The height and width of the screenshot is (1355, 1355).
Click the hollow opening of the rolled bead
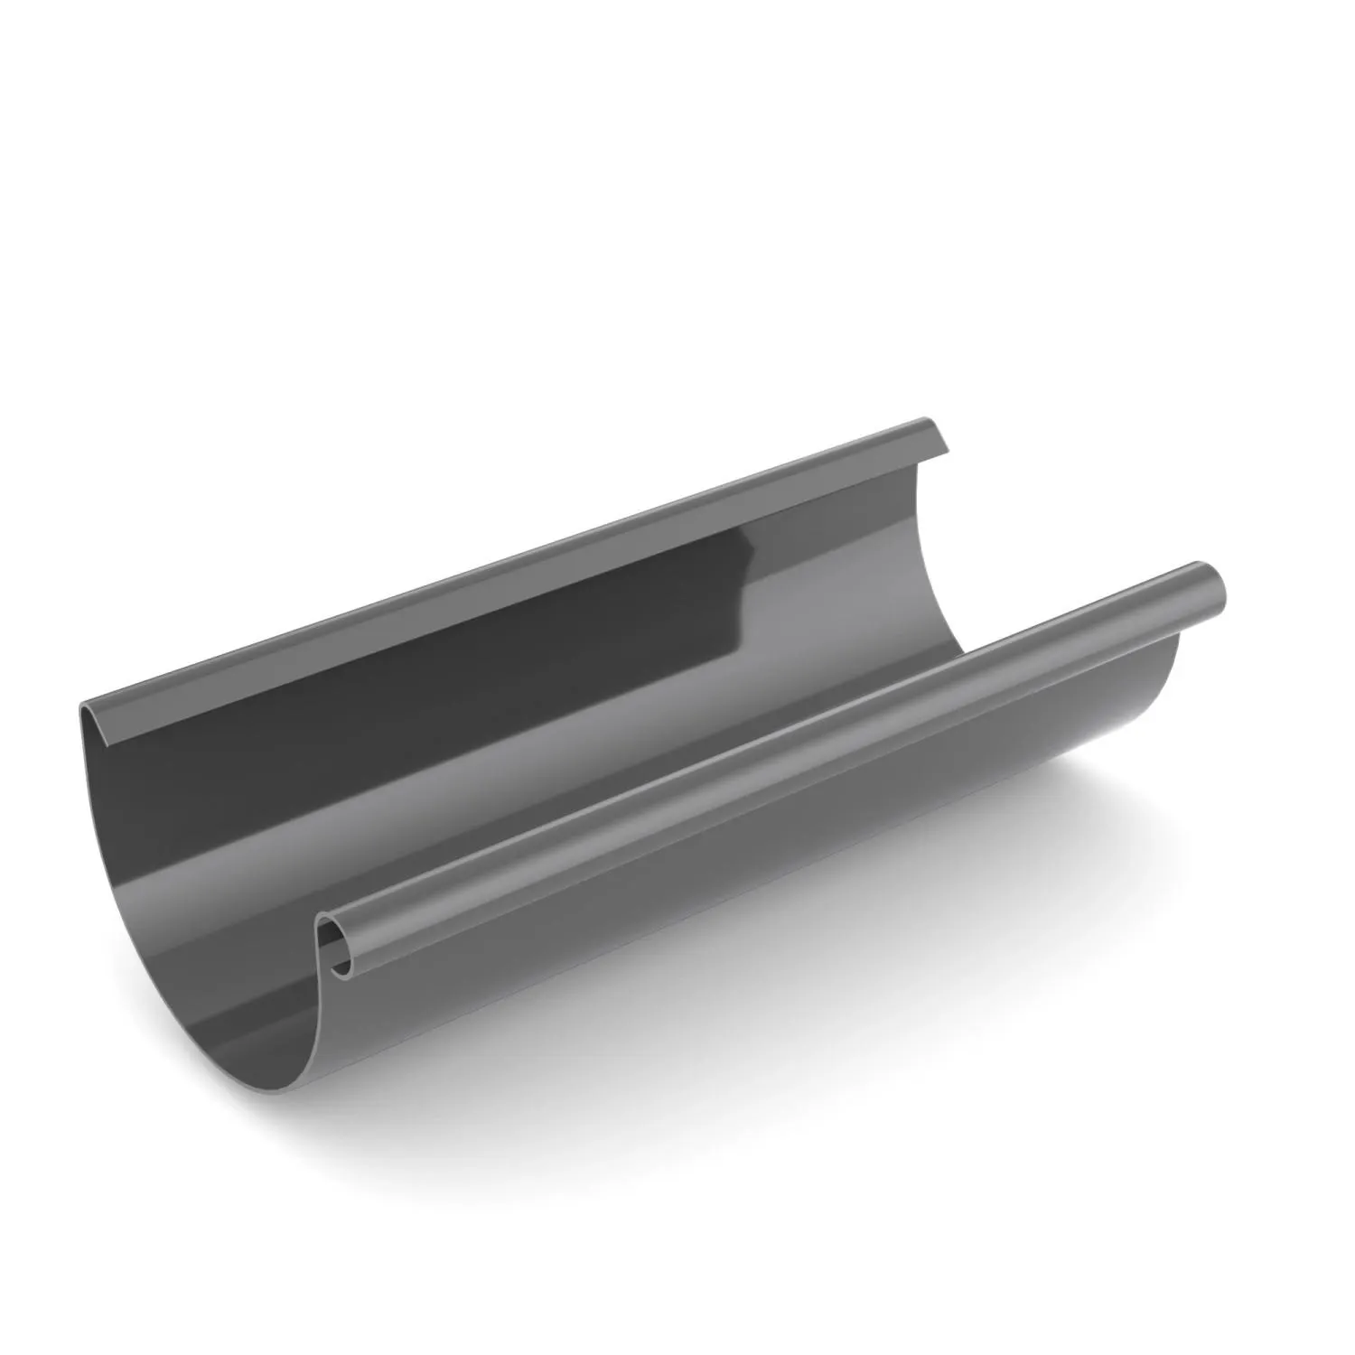pos(336,948)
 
